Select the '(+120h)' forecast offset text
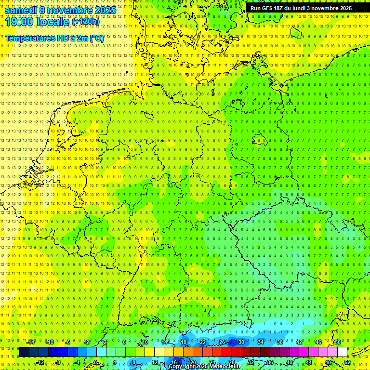click(85, 22)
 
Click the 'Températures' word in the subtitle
click(30, 38)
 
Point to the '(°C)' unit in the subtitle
click(96, 38)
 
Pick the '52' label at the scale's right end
click(347, 362)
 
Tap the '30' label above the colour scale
click(241, 342)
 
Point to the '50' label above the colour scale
click(337, 342)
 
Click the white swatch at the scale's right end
click(342, 352)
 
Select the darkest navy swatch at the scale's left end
click(24, 352)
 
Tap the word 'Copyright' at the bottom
click(183, 367)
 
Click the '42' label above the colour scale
click(299, 342)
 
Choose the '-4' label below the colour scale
click(78, 362)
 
